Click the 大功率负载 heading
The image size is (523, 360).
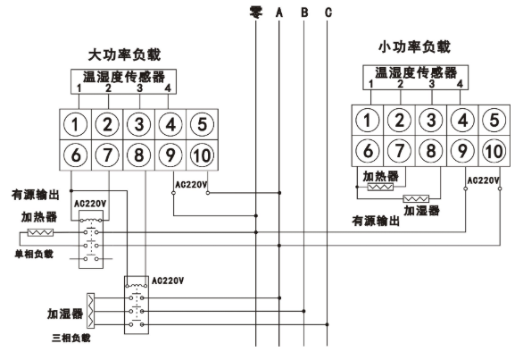[124, 54]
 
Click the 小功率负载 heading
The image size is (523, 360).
[414, 46]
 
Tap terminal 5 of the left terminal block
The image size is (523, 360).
[202, 124]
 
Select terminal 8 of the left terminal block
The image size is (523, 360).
[138, 155]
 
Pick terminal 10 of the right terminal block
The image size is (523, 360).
[494, 151]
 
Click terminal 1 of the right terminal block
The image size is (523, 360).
[367, 121]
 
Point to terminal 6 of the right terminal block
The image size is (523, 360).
[367, 151]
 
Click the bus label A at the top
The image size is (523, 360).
[279, 13]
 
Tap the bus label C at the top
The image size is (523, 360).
[328, 13]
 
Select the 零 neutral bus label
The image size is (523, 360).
[256, 13]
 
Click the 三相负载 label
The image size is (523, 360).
[71, 339]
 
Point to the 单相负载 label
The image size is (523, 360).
[34, 255]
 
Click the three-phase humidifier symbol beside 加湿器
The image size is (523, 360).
[90, 311]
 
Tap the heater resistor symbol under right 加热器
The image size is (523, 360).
[380, 187]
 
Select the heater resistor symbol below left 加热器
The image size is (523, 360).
[40, 232]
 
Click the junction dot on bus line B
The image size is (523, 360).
[303, 311]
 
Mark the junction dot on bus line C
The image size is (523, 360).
[328, 324]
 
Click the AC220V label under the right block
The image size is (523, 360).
[483, 180]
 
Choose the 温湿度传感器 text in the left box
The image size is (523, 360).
[124, 77]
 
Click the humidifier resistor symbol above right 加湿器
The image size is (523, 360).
[416, 199]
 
